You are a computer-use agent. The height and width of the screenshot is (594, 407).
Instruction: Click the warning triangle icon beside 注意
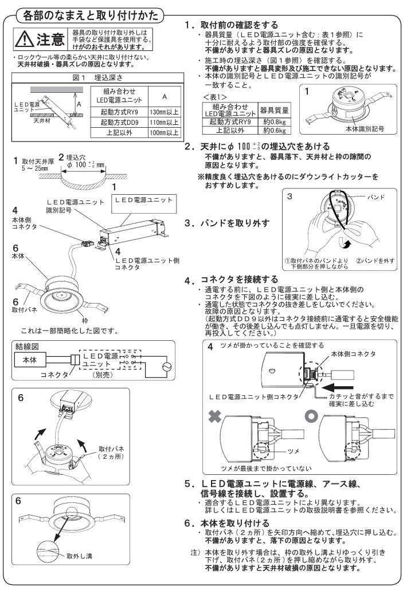[x=25, y=40]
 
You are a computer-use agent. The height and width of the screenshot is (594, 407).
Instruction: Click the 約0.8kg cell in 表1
[x=274, y=121]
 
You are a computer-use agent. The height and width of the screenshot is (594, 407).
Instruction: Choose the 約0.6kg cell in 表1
[x=274, y=130]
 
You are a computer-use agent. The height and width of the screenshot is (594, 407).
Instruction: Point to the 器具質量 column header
[x=274, y=109]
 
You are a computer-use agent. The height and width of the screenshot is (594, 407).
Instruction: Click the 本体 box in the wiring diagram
[x=34, y=361]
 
